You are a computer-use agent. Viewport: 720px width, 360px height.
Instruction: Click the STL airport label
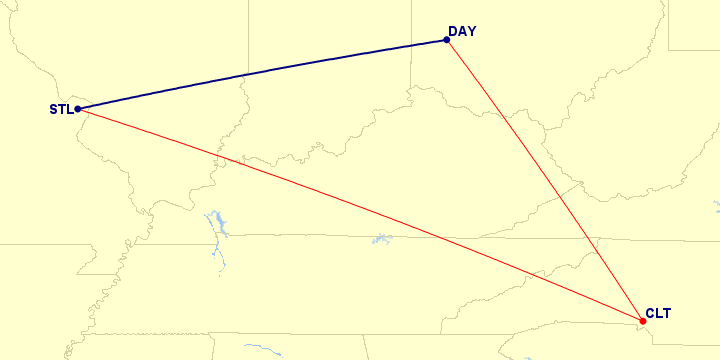point(60,109)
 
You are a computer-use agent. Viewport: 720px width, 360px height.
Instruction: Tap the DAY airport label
point(462,32)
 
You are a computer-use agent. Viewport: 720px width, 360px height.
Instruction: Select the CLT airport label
point(658,314)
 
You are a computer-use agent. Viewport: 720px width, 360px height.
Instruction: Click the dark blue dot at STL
point(77,109)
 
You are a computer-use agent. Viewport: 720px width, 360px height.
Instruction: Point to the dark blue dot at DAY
point(446,41)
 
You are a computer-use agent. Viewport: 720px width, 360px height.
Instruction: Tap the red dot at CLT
point(642,321)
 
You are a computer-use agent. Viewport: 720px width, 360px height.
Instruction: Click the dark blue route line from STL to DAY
point(260,75)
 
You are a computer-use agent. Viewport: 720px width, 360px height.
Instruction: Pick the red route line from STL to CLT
point(360,215)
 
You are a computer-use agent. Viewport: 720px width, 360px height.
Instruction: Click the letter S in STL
point(53,109)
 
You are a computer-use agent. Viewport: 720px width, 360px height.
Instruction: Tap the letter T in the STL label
point(61,109)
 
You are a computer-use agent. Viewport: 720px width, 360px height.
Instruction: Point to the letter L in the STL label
point(68,109)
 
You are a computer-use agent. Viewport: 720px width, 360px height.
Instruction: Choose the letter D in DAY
point(453,32)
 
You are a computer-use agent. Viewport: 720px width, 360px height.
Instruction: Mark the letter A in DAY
point(462,32)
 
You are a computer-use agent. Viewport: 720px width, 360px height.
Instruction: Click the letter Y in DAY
point(471,32)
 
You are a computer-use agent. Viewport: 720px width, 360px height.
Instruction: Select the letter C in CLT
point(650,314)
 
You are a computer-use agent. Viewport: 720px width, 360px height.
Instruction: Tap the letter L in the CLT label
point(658,314)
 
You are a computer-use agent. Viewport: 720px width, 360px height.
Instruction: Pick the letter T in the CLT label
point(666,314)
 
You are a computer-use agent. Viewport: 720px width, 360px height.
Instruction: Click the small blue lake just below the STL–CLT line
point(381,239)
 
